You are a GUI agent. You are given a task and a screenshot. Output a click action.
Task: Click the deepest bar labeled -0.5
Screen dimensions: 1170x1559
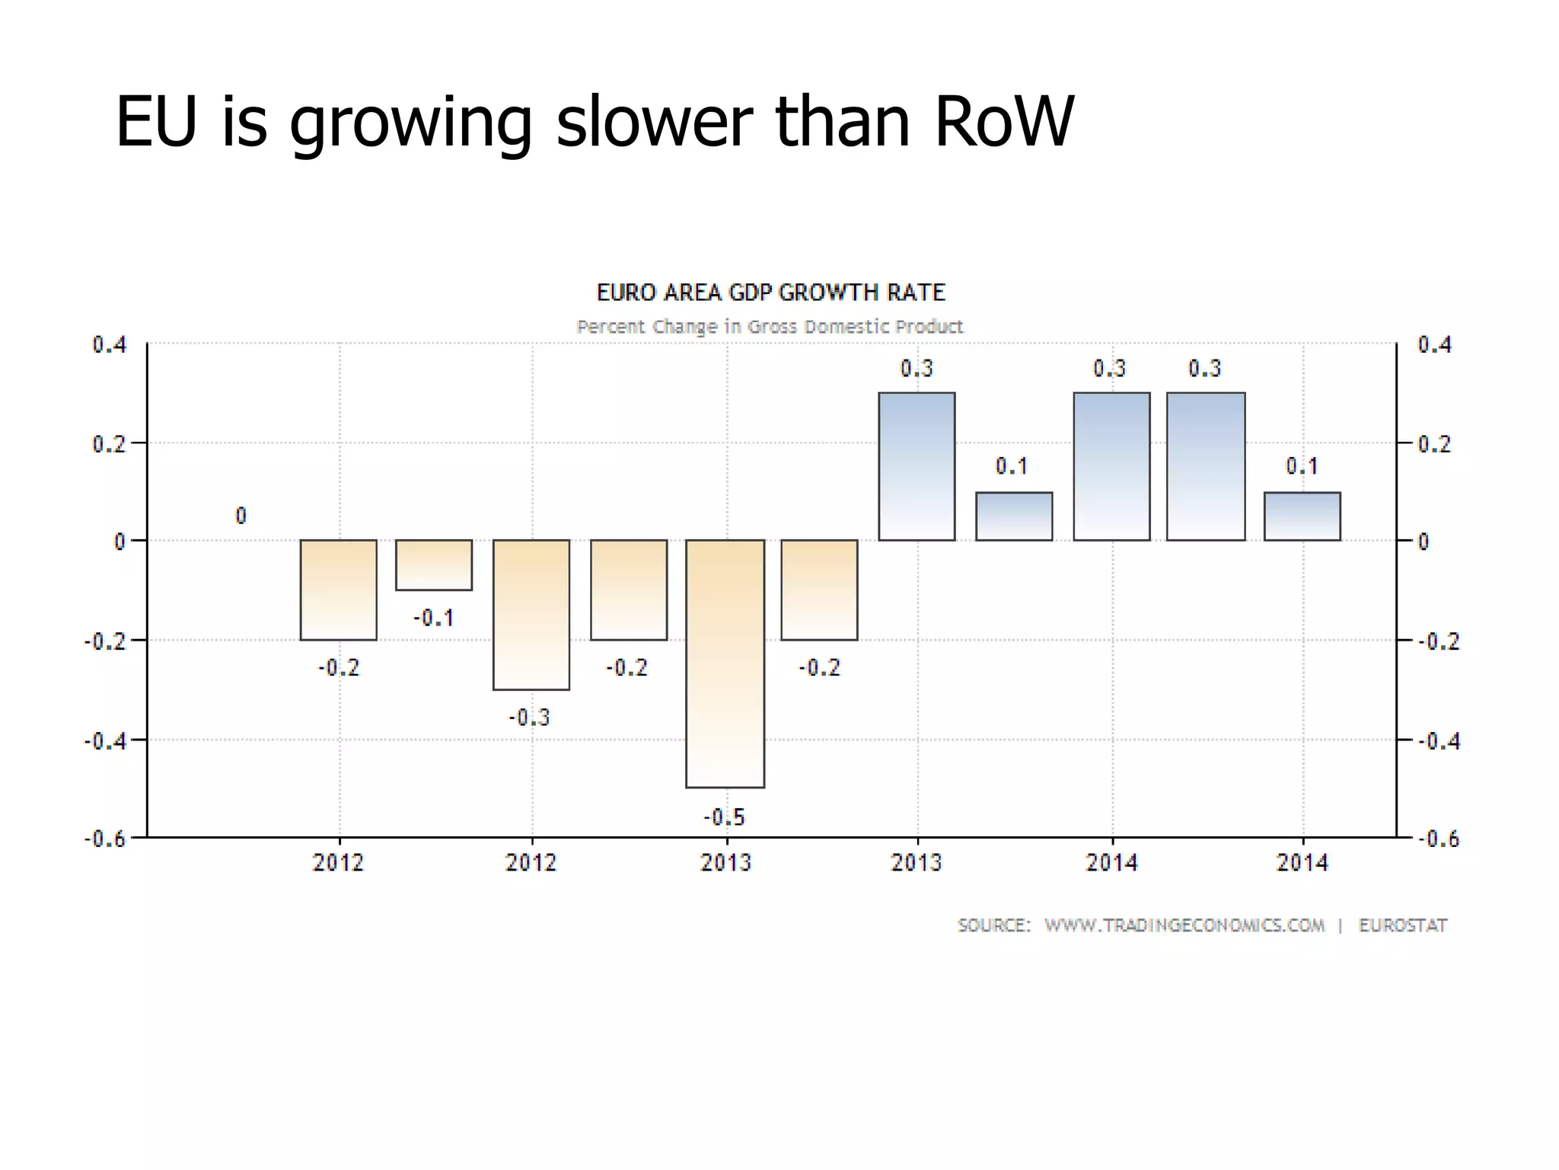point(725,663)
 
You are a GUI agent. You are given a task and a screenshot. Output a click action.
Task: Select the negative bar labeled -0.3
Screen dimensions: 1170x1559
point(531,615)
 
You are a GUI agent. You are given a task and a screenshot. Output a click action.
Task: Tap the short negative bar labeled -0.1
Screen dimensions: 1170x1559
point(434,565)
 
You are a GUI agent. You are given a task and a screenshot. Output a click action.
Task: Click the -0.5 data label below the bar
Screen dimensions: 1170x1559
point(724,817)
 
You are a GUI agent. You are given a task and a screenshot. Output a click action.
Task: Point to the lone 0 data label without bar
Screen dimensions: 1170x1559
point(241,516)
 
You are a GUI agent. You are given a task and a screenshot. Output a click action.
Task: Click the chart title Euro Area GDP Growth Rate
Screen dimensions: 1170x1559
point(770,292)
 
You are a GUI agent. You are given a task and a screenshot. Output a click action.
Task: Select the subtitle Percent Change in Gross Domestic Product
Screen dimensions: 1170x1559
point(770,327)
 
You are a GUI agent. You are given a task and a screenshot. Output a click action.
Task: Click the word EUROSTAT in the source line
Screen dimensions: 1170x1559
point(1402,925)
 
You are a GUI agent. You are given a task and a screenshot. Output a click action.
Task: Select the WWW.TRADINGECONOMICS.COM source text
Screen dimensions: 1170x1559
point(1184,925)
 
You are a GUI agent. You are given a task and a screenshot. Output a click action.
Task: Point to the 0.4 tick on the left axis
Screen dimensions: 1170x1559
point(110,345)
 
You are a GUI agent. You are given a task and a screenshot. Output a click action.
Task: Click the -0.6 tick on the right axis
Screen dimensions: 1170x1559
point(1439,839)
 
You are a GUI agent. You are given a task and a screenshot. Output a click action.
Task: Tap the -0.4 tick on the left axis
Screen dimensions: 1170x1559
point(105,740)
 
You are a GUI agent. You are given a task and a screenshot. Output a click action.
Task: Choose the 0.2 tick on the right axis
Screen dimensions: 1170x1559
point(1434,444)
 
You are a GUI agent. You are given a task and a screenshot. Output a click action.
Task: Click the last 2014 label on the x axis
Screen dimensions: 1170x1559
point(1302,863)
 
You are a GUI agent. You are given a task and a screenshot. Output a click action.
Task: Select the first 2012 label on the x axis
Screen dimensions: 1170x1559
point(338,863)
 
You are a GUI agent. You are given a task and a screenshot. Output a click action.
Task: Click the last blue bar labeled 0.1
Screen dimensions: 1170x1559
point(1302,516)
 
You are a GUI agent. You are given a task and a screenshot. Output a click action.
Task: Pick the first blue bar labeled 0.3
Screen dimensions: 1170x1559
point(917,466)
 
